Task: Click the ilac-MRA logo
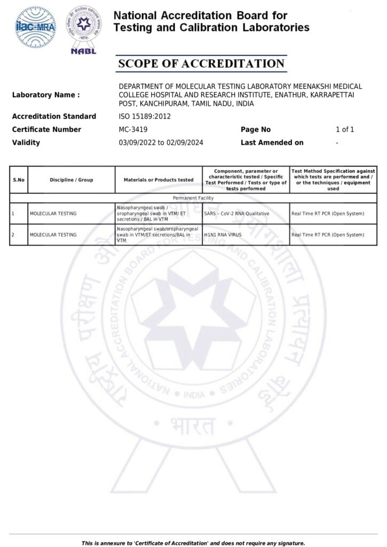(36, 28)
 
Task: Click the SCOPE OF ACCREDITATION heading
(201, 64)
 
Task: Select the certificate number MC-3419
(133, 129)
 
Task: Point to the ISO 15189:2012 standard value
(145, 116)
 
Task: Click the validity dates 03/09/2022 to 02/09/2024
(161, 143)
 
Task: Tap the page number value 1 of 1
(345, 129)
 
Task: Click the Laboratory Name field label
(46, 95)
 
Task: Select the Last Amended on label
(272, 143)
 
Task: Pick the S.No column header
(19, 179)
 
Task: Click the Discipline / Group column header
(72, 179)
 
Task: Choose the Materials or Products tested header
(159, 179)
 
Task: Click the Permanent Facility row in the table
(193, 198)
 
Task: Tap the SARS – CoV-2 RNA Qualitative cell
(236, 214)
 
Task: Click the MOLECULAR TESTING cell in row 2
(53, 235)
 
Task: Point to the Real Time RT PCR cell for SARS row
(328, 214)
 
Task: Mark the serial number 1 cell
(12, 214)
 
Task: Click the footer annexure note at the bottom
(193, 543)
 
